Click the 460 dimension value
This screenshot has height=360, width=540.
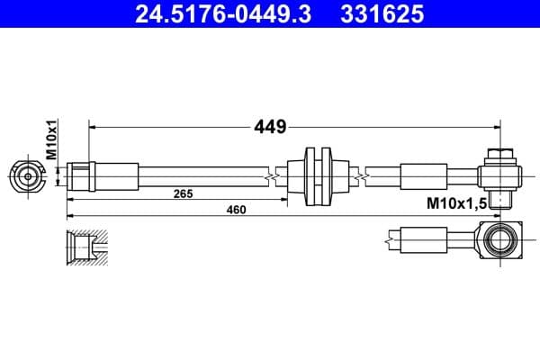[x=236, y=210]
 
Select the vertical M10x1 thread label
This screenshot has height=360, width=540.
[x=51, y=142]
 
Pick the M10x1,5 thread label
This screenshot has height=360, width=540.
[x=456, y=204]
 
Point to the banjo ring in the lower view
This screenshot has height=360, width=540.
[x=499, y=240]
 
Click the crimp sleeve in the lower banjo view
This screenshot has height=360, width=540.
[x=422, y=240]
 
